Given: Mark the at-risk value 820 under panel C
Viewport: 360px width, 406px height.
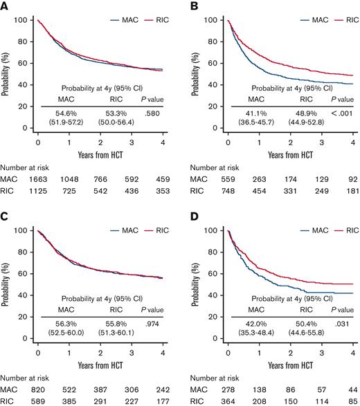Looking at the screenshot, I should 42,387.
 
